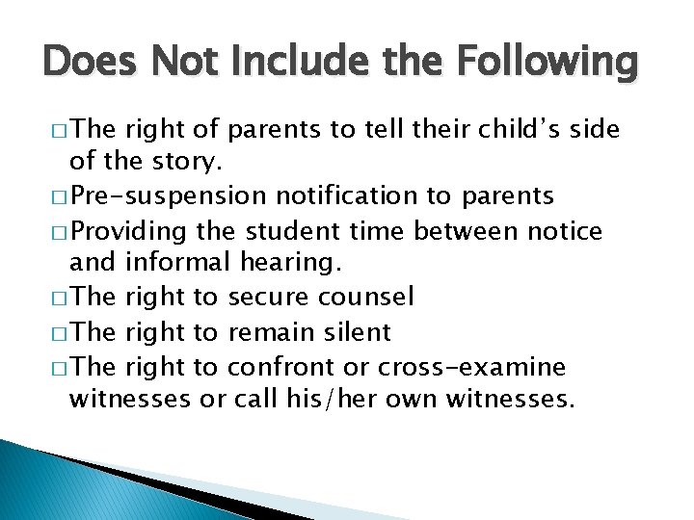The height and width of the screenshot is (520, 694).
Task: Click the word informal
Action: click(180, 264)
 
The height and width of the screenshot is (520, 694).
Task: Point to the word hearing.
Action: click(292, 264)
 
